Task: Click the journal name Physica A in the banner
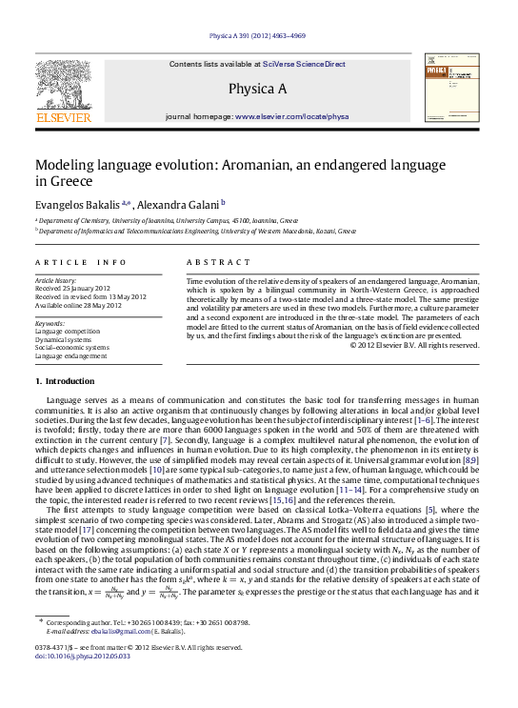tap(257, 89)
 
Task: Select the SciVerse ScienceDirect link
tap(305, 64)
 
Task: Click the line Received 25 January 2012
tap(73, 289)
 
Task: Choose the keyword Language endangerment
tap(71, 355)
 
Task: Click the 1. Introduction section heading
tap(65, 381)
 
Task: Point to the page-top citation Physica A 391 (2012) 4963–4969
tap(257, 32)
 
